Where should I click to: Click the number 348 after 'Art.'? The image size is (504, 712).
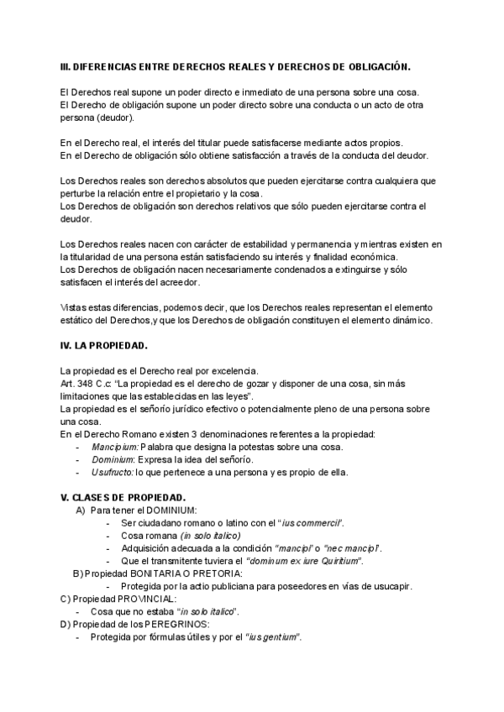pos(90,382)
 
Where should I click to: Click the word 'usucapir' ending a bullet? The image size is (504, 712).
pos(391,586)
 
